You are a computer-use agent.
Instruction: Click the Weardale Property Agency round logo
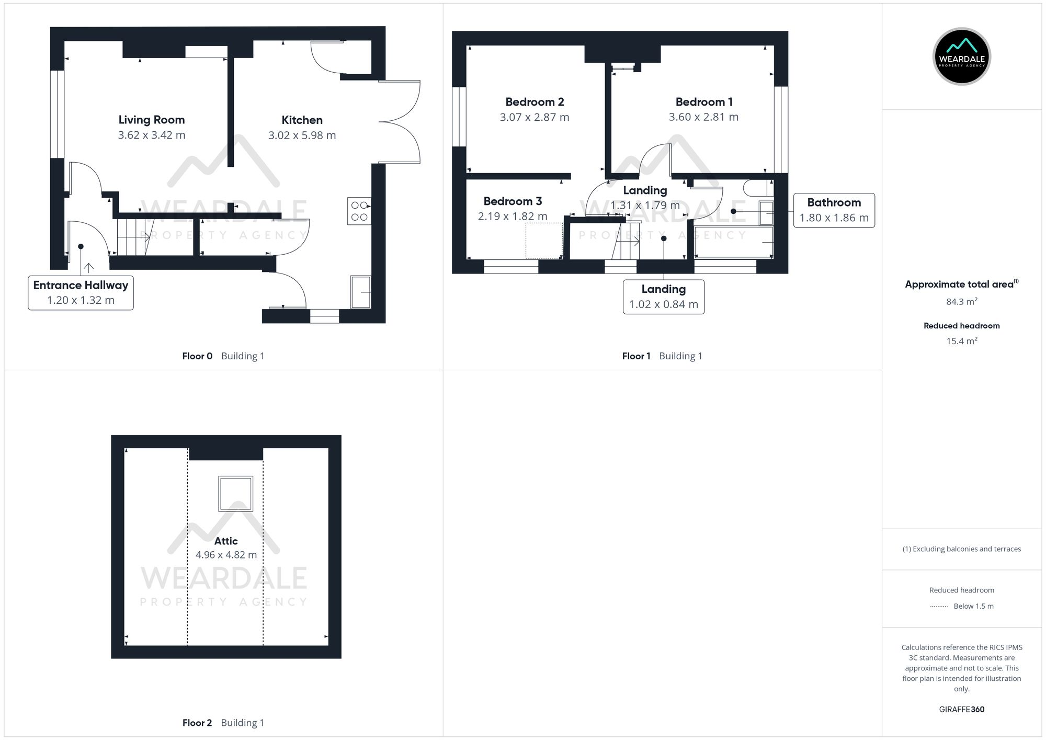[x=961, y=56]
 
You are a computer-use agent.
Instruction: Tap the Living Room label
[x=151, y=120]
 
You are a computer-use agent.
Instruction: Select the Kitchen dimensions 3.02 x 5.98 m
[x=302, y=135]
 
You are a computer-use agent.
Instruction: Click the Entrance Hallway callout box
[x=81, y=292]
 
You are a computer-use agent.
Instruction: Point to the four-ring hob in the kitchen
[x=359, y=211]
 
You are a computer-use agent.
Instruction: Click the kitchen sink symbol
[x=361, y=292]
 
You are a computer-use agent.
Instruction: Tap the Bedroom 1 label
[x=703, y=102]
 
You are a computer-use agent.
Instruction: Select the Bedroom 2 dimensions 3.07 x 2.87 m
[x=534, y=117]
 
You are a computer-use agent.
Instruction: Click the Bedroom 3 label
[x=512, y=201]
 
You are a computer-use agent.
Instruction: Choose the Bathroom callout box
[x=834, y=210]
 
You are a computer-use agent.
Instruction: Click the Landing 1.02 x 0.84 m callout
[x=663, y=297]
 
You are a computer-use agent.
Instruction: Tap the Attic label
[x=226, y=541]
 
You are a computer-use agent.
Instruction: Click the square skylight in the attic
[x=236, y=493]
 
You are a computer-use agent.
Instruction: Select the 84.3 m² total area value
[x=961, y=302]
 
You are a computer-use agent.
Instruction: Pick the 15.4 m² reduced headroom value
[x=961, y=341]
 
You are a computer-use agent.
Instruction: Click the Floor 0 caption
[x=197, y=356]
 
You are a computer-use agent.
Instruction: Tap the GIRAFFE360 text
[x=961, y=709]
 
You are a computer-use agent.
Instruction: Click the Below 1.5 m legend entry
[x=973, y=606]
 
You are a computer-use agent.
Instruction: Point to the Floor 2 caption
[x=197, y=723]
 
